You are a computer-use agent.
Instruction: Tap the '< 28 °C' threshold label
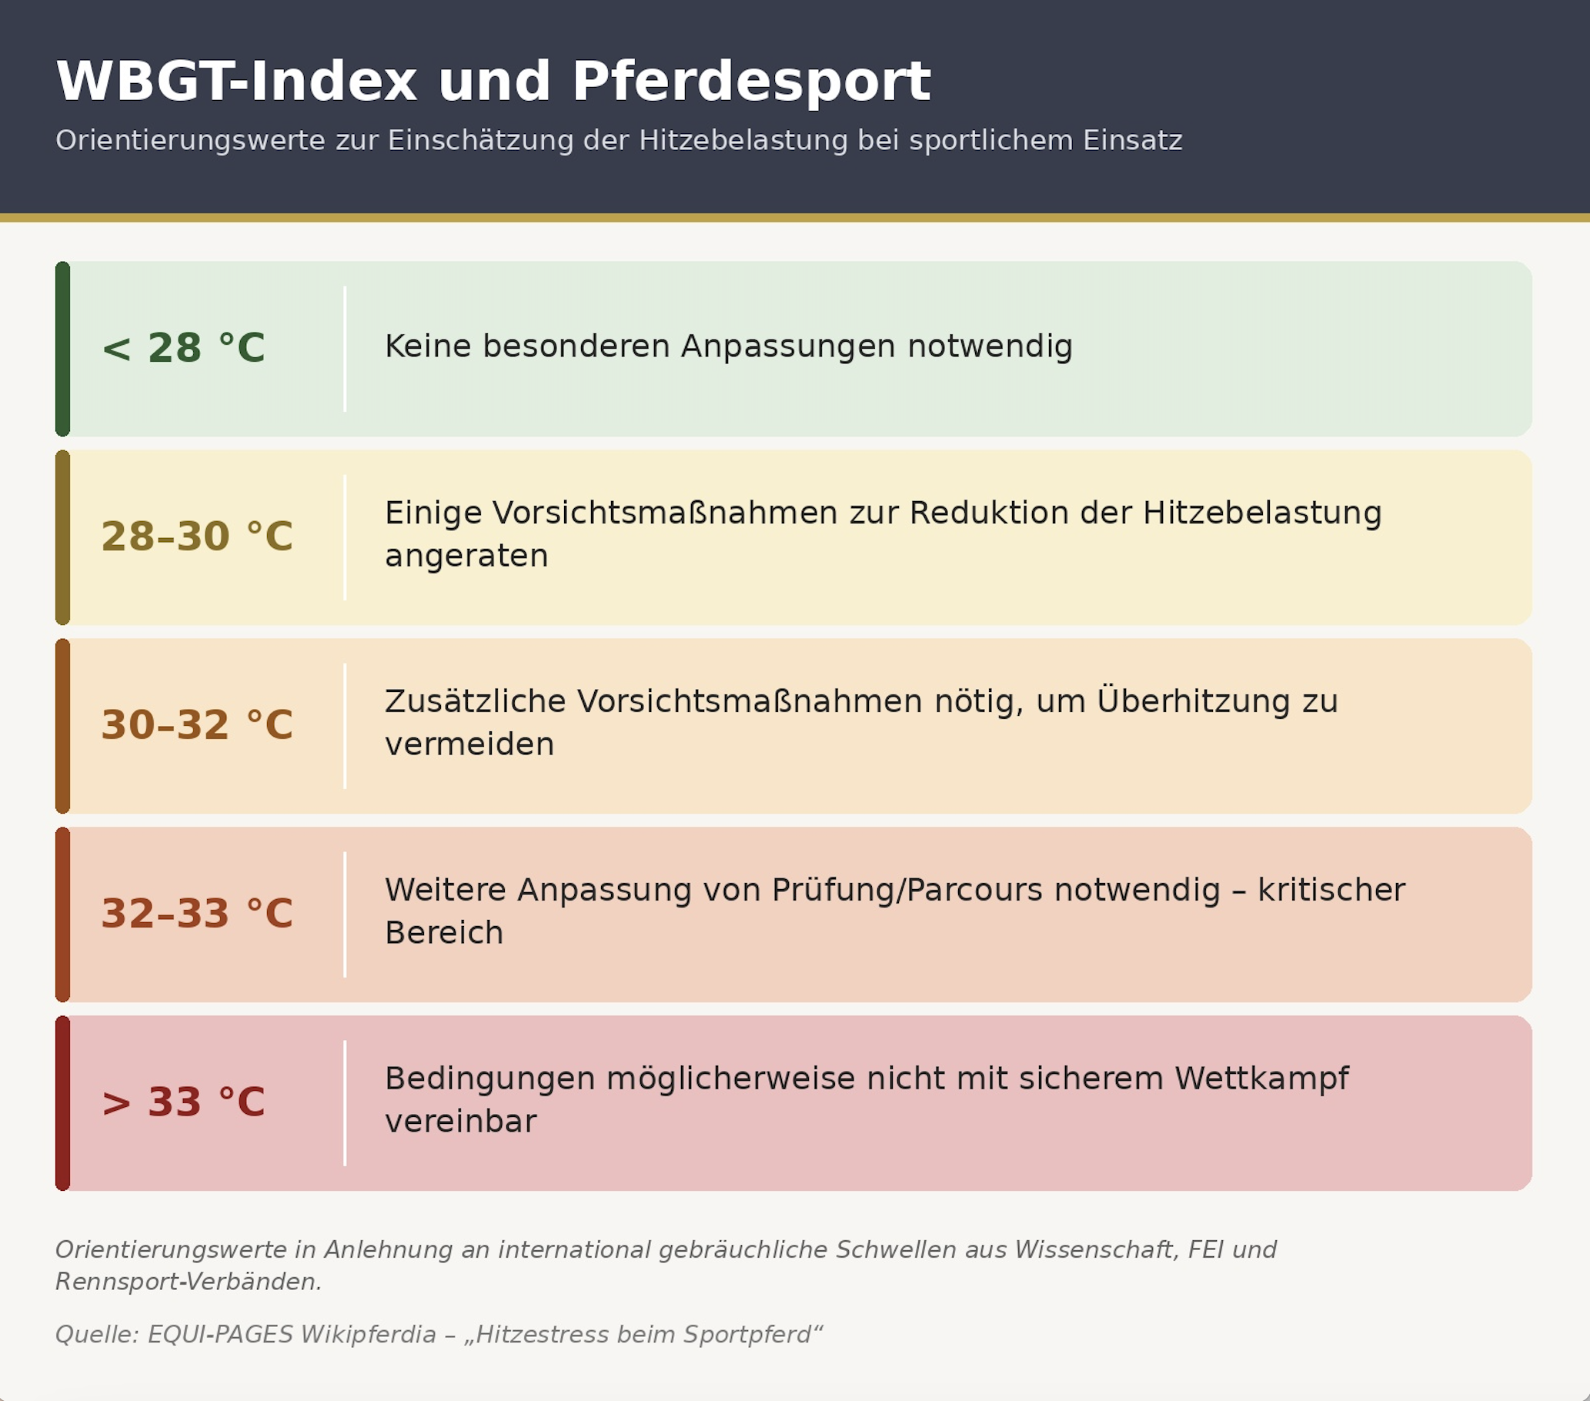point(184,348)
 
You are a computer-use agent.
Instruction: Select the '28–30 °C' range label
point(197,536)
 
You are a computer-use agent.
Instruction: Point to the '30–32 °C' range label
point(197,724)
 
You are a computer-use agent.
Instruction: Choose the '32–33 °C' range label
point(197,913)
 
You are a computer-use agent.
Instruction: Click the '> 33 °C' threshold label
point(184,1102)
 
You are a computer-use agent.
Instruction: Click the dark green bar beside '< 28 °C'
point(63,349)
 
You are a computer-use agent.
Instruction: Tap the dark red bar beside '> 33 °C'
point(63,1103)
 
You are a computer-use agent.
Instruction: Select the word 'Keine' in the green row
point(428,346)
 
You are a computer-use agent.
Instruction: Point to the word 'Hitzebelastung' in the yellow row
point(1261,513)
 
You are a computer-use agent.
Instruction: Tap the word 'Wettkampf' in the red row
point(1261,1079)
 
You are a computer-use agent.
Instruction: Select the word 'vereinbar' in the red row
point(460,1122)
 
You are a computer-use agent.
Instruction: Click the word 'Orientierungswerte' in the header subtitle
point(191,141)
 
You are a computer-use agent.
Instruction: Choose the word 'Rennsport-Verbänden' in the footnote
point(189,1281)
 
